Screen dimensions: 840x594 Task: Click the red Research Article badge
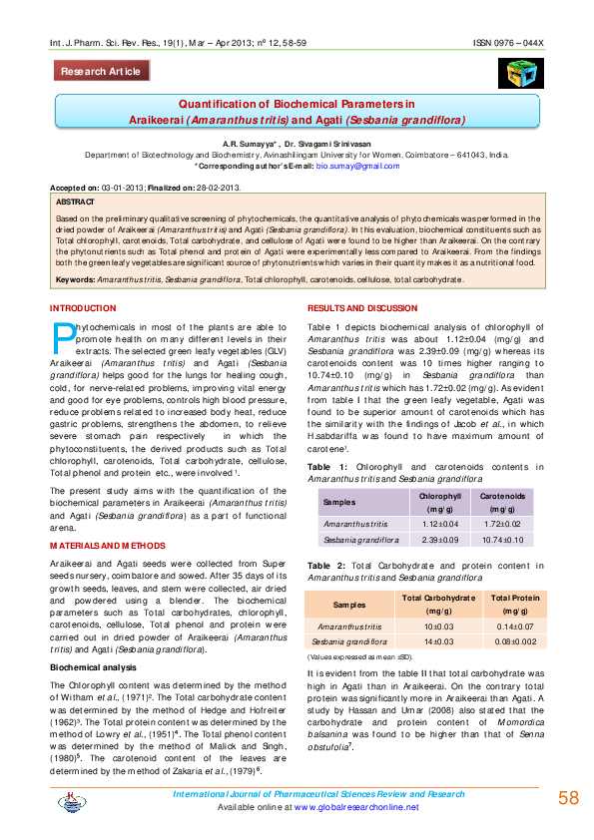[x=102, y=72]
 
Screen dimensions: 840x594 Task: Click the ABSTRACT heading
[x=77, y=202]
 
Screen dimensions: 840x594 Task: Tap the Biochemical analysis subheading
[x=96, y=666]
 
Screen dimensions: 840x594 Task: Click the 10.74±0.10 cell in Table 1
[x=503, y=540]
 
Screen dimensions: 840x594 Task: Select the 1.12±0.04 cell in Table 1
[x=439, y=524]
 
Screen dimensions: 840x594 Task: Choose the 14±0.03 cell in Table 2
[x=439, y=641]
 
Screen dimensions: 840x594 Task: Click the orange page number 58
[x=567, y=798]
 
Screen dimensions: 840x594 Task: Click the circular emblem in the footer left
[x=71, y=801]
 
